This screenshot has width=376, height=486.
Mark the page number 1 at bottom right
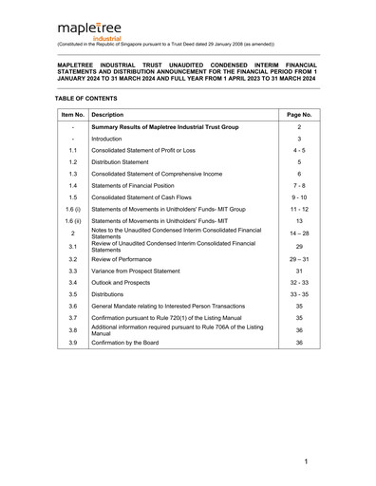pos(307,460)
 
